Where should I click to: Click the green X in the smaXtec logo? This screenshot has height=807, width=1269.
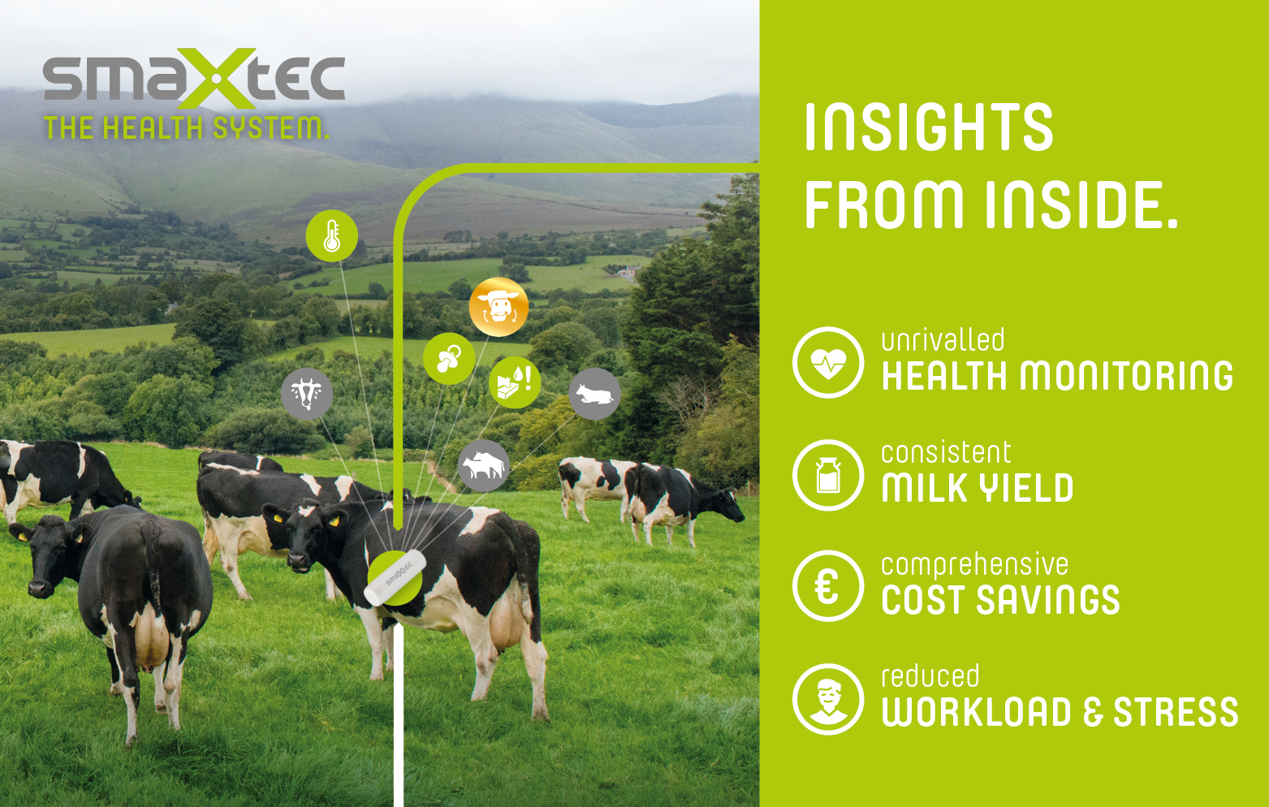tap(217, 78)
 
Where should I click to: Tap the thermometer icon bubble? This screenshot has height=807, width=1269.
tap(332, 235)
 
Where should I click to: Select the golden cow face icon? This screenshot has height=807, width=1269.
tap(499, 307)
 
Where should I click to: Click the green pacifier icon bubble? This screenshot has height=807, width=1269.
tap(449, 359)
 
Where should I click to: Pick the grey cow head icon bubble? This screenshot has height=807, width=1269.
tap(306, 394)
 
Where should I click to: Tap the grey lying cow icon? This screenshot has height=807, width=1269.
tap(594, 394)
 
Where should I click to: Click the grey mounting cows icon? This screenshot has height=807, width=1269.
tap(483, 466)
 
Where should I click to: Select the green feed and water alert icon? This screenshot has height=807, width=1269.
tap(515, 382)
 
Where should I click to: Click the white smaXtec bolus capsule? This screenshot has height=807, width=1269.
tap(395, 577)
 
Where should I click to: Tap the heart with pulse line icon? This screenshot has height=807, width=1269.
tap(828, 362)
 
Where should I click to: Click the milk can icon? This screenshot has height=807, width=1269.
tap(828, 475)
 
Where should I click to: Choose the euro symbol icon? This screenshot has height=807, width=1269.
tap(828, 586)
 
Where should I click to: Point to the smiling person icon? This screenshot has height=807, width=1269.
tap(828, 699)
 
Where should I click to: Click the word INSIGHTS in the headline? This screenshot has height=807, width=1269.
tap(929, 127)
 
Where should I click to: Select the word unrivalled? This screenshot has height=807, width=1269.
tap(943, 340)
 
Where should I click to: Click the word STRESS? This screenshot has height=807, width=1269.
tap(1176, 712)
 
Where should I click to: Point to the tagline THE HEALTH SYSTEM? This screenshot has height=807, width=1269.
tap(187, 128)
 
